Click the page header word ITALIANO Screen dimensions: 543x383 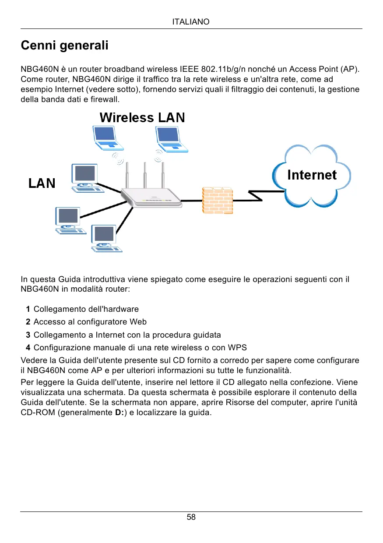coord(191,21)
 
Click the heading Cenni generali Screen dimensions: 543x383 coord(64,46)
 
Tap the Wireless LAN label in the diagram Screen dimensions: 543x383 coord(142,117)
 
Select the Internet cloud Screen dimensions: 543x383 coord(312,175)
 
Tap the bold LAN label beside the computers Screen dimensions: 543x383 coord(42,183)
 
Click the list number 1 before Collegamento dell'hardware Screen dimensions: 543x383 coord(28,310)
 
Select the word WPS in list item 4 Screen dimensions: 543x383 coord(237,348)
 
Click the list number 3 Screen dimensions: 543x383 coord(28,335)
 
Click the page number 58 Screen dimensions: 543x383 coord(191,517)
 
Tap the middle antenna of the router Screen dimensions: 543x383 coord(145,175)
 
